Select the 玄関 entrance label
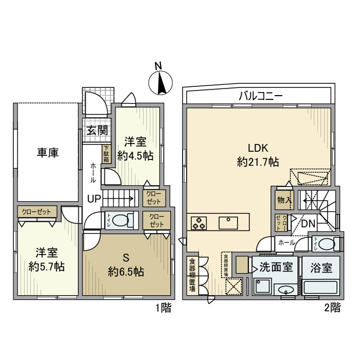coord(97,130)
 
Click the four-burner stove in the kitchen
coord(199,223)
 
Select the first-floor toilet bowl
coord(121,221)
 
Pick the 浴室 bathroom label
coord(320,267)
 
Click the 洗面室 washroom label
coord(276,267)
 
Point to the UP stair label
coord(94,199)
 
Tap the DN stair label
coord(308,224)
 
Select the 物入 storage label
coord(283,199)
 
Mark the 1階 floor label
coord(163,308)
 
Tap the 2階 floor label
coord(332,308)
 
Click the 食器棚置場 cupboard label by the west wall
coord(192,275)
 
